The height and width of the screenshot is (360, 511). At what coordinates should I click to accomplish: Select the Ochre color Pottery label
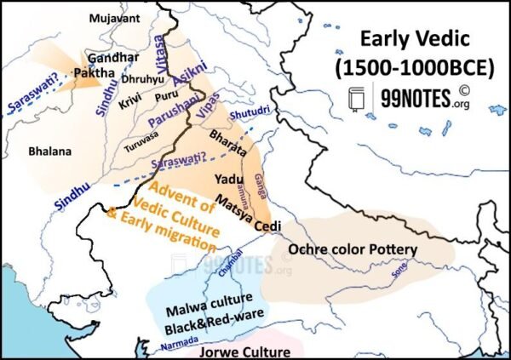tap(353, 249)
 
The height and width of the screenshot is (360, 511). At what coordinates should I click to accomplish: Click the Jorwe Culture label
tap(233, 351)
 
